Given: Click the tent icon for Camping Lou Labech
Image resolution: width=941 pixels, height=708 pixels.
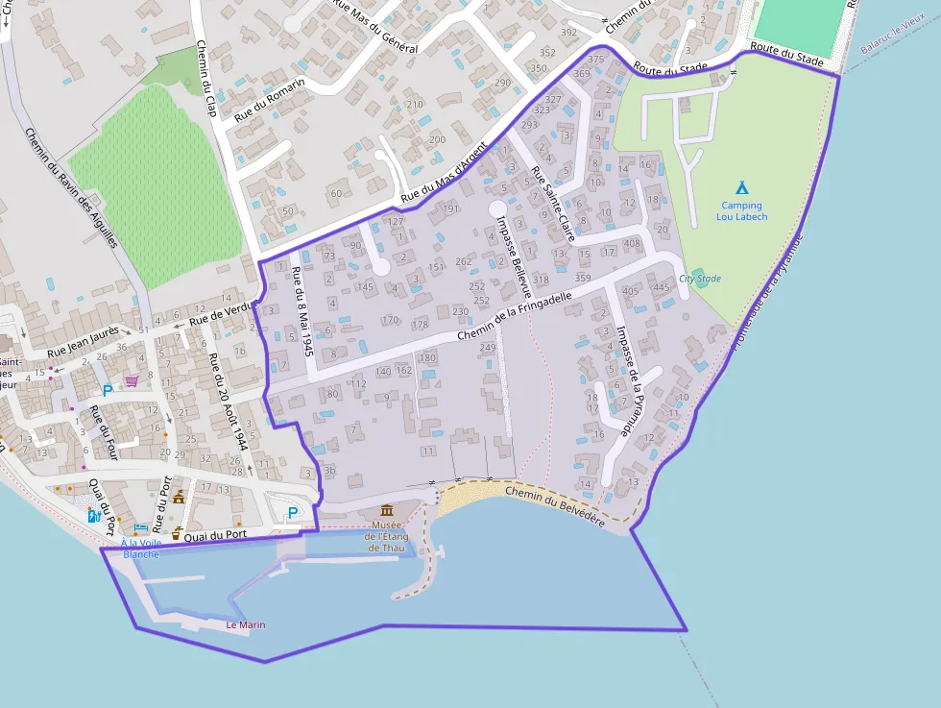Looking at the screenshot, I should tap(741, 188).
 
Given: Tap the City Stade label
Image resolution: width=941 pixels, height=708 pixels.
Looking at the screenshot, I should tap(699, 279).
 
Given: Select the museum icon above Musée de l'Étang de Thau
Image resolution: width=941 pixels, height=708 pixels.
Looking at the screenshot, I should tap(387, 510).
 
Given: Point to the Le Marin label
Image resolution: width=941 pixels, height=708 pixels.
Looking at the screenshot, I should tap(245, 625).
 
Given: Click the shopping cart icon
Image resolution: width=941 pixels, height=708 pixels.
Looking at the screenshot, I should tap(132, 381).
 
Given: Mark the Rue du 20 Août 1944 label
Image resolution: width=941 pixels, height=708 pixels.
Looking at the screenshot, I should tap(229, 403).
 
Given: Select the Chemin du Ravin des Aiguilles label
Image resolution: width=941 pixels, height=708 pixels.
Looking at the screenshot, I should tap(71, 188).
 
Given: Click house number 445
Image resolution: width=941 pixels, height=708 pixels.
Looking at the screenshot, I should tap(661, 287).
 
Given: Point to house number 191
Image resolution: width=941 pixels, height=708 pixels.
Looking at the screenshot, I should tap(451, 209).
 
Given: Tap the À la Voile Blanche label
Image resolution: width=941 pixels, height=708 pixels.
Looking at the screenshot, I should tap(140, 549).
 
